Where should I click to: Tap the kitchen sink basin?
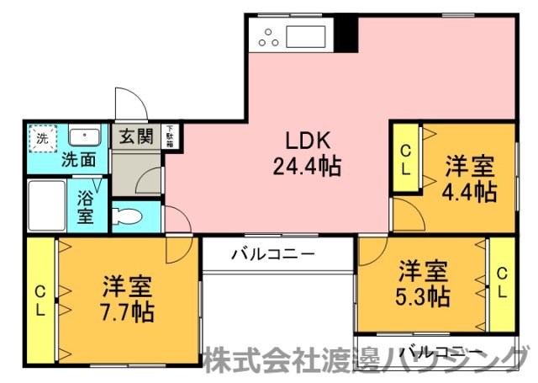coord(309,37)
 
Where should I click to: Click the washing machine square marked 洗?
coord(41,138)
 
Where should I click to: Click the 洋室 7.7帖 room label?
coord(128,299)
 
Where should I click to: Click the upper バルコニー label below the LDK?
coord(272,253)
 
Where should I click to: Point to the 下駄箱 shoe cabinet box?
coord(169,136)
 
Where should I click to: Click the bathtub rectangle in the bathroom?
coord(50,205)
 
